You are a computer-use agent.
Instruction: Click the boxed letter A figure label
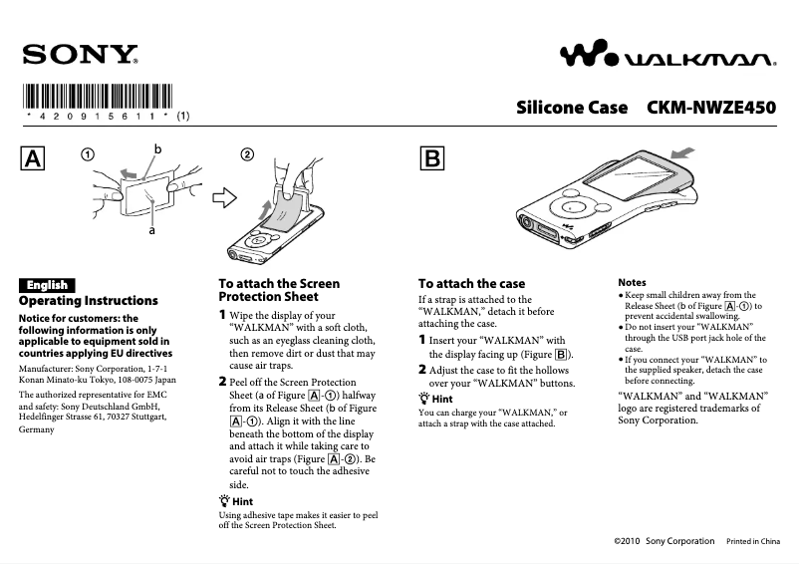[34, 159]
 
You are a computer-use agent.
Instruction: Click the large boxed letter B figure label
[433, 159]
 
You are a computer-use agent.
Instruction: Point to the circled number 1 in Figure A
[89, 154]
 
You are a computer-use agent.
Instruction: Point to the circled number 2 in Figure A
[248, 154]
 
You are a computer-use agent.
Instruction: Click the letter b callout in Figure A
[157, 148]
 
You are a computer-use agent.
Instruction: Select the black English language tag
[47, 285]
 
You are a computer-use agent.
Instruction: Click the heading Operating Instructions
[89, 301]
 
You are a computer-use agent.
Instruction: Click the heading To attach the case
[471, 284]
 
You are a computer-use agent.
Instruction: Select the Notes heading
[632, 283]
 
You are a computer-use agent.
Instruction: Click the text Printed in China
[752, 541]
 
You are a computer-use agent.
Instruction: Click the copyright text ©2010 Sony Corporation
[666, 541]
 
